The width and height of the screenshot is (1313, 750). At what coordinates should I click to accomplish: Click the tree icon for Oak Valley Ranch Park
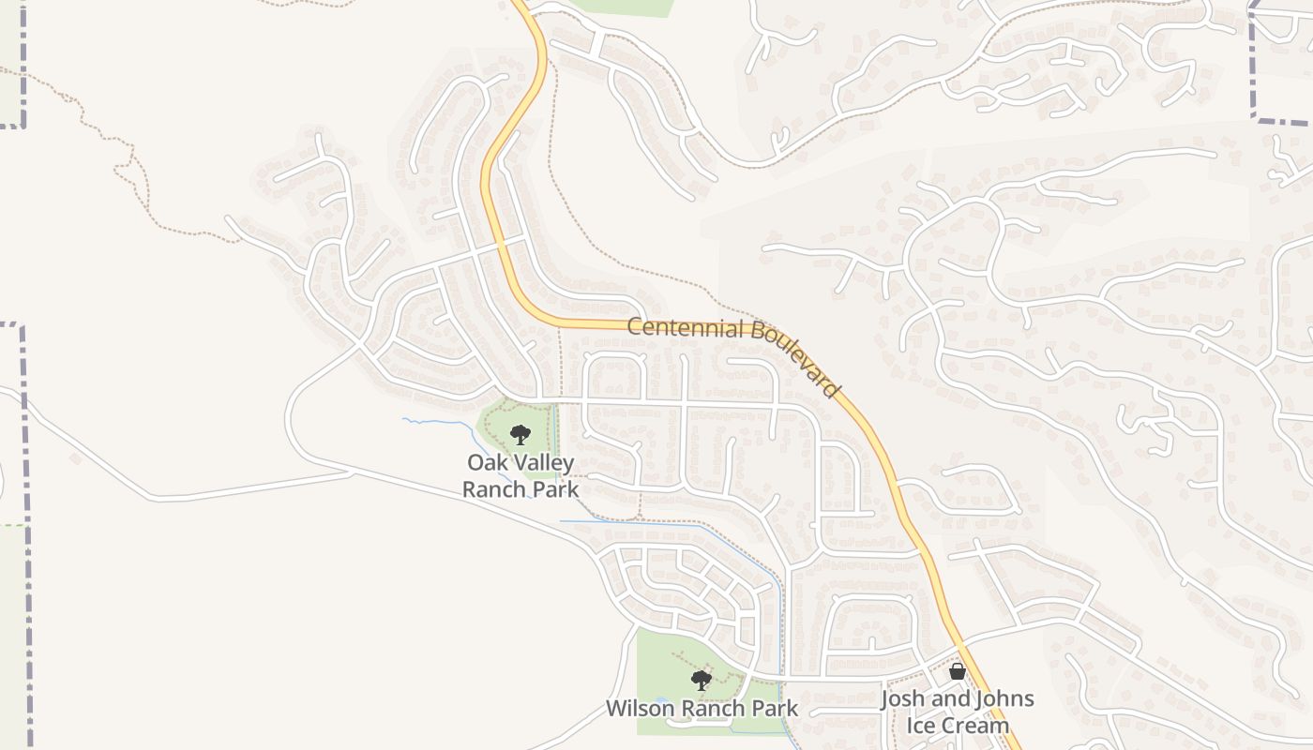tap(521, 434)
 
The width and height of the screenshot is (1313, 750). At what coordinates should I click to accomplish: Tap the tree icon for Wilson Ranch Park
tap(701, 680)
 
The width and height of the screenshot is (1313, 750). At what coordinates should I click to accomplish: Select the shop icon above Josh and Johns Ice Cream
tap(957, 671)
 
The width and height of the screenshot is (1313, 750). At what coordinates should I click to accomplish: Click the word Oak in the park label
tap(486, 463)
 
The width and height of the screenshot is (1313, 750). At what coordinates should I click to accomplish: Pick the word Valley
tap(542, 463)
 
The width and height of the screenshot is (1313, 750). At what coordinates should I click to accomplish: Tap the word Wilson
tap(639, 709)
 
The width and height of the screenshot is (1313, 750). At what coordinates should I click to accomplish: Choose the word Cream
tap(974, 726)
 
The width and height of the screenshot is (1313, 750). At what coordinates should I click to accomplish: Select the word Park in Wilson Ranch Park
tap(776, 709)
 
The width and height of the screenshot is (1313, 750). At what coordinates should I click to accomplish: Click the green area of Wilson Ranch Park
tap(661, 656)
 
